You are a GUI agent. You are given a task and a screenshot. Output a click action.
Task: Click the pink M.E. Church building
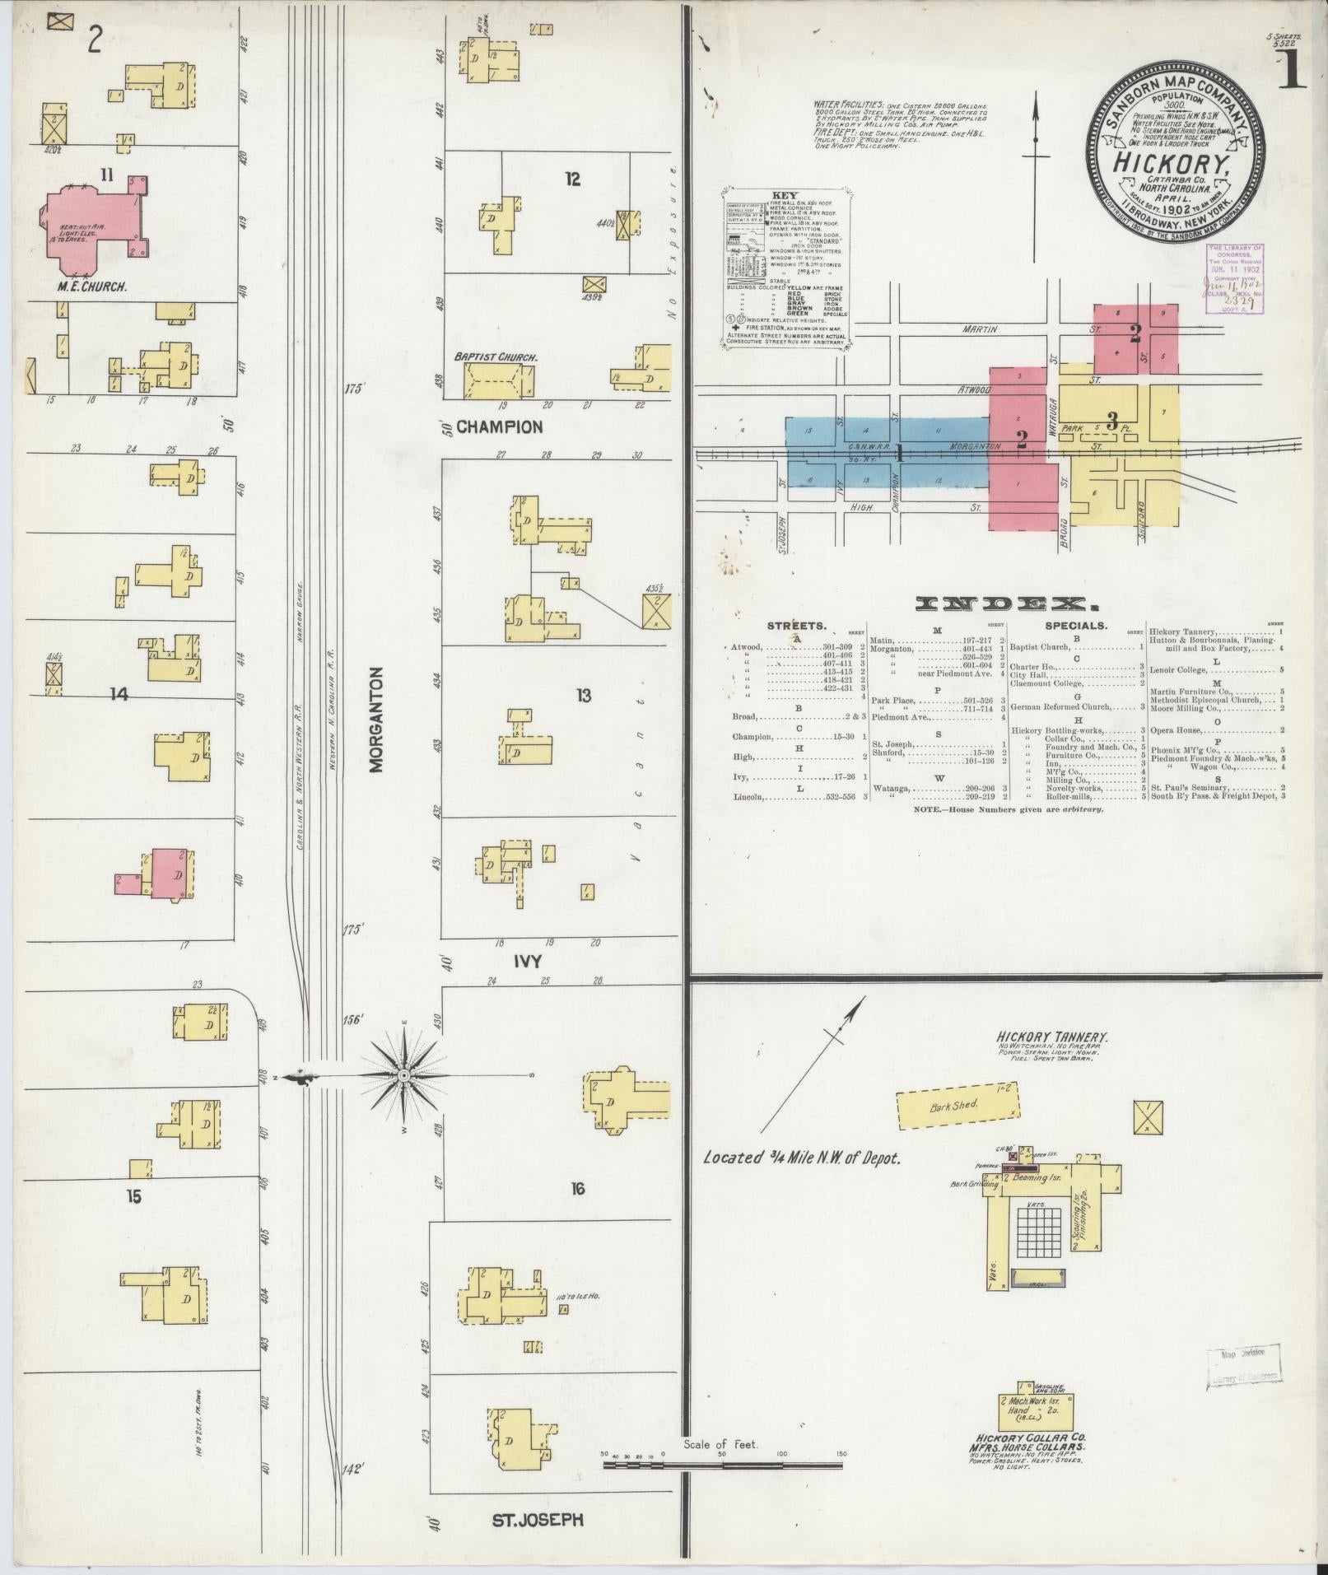point(91,227)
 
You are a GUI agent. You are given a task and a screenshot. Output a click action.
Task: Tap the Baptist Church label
point(496,358)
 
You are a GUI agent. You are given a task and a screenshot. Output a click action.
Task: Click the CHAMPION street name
point(500,426)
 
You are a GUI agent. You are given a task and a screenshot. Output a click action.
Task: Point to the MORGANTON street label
point(377,720)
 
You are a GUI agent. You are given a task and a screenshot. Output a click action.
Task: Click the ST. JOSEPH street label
point(537,1519)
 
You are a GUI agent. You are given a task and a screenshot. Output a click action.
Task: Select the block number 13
point(584,697)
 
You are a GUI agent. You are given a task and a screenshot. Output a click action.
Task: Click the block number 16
point(578,1188)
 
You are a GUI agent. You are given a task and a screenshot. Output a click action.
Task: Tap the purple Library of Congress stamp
point(1233,278)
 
